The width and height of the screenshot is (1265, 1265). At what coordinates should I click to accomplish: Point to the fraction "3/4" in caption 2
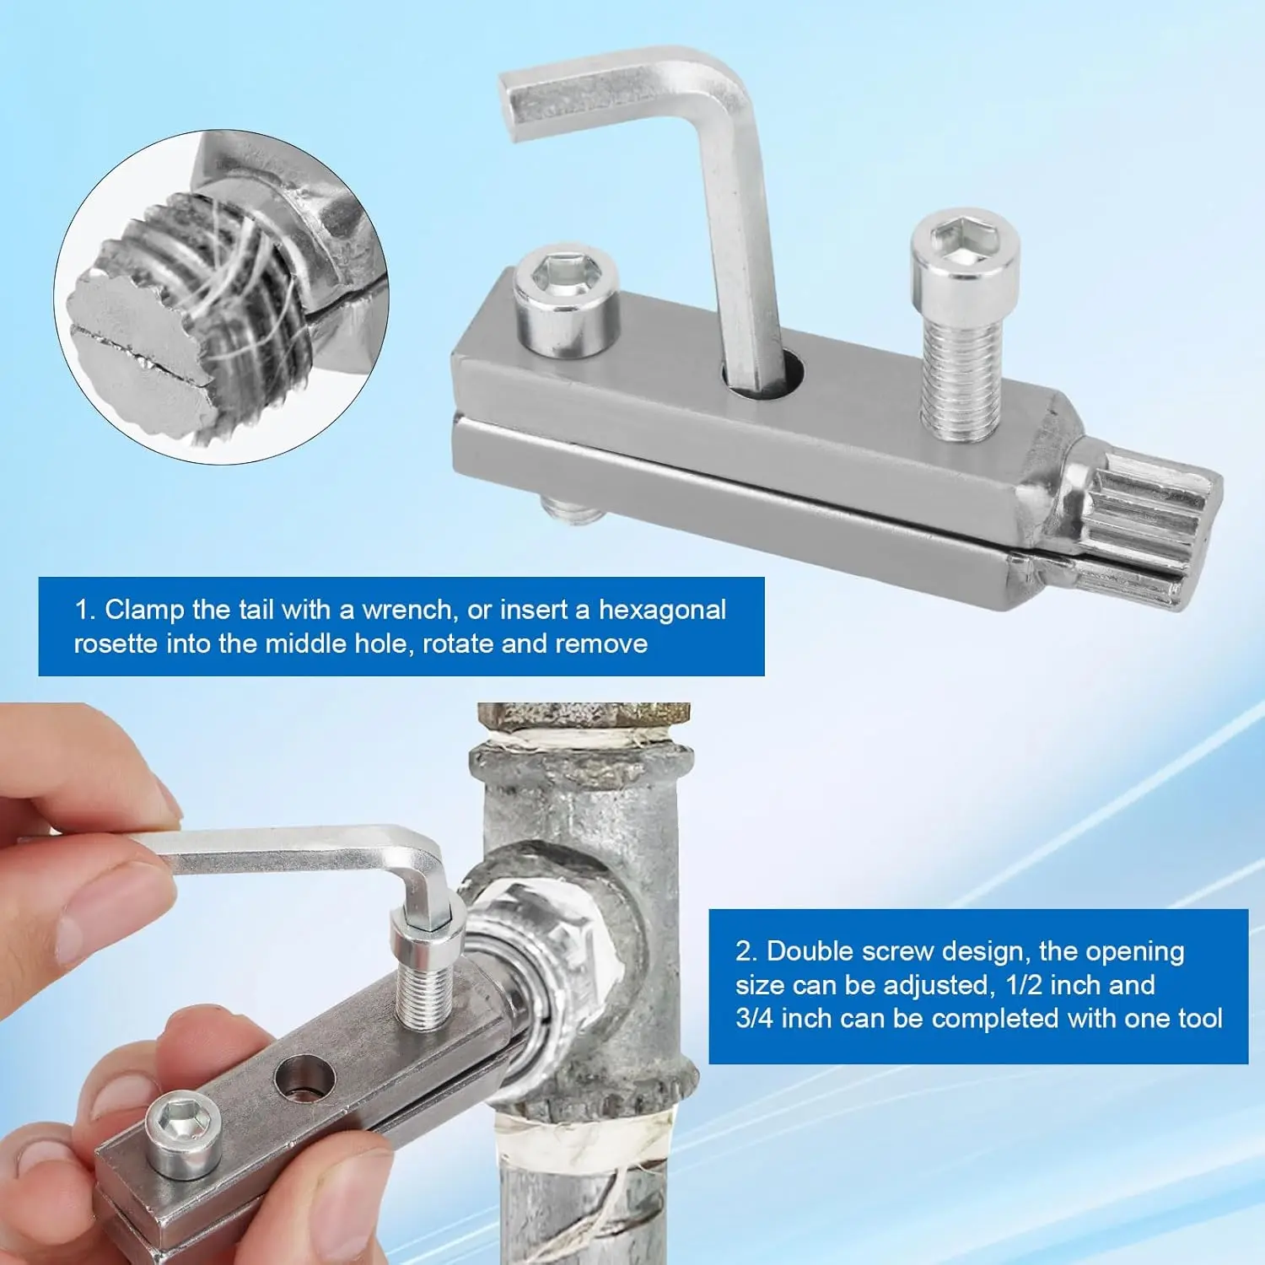[x=755, y=1019]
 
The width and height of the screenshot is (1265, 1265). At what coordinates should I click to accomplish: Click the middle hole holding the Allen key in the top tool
[x=761, y=376]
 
